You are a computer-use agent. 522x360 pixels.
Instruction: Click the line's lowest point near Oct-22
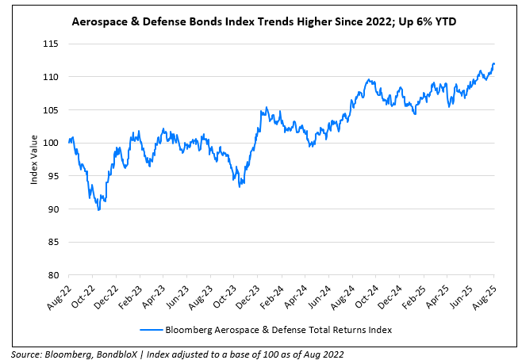(98, 209)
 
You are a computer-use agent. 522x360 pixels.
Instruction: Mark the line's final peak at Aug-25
(493, 63)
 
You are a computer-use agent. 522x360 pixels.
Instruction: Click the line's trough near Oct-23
(240, 185)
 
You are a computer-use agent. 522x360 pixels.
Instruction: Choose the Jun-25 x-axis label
(460, 294)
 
